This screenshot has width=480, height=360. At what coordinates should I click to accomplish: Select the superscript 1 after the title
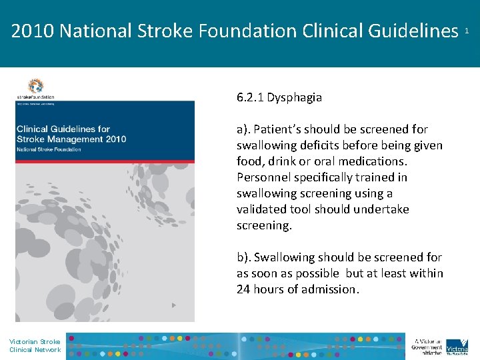pyautogui.click(x=467, y=31)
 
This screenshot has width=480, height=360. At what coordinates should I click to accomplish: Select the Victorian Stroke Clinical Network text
pyautogui.click(x=35, y=345)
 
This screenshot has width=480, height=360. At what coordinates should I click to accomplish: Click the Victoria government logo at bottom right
pyautogui.click(x=457, y=345)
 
